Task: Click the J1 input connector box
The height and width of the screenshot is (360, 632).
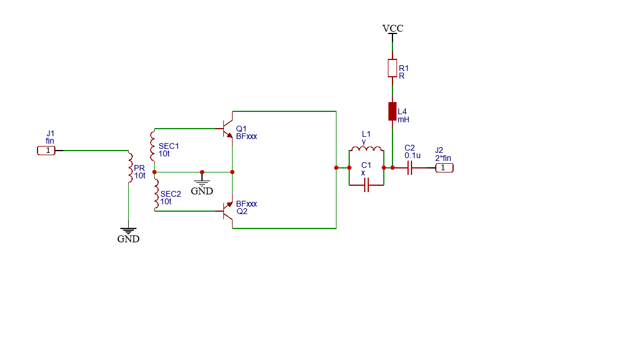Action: pos(46,151)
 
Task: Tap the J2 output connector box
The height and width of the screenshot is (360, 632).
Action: pos(444,168)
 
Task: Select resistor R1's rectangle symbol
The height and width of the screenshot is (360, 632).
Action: pos(392,68)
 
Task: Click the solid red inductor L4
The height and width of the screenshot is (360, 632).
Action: pos(392,111)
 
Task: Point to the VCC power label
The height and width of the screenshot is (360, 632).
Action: pos(392,28)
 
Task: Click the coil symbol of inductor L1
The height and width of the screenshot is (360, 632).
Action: pos(367,149)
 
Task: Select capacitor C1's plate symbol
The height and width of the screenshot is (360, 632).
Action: pos(367,185)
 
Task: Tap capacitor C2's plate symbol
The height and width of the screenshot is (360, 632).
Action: pos(410,168)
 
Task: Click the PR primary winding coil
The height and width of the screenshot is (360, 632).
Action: pos(130,167)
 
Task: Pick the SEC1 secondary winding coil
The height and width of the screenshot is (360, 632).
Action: pos(152,145)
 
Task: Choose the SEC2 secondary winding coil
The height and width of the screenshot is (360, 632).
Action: pos(156,194)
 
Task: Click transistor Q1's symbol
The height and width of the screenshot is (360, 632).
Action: pos(228,129)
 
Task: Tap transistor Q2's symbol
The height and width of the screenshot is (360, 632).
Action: pos(228,211)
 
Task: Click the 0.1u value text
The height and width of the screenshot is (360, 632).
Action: pos(413,155)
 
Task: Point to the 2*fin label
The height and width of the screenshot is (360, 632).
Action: pos(443,158)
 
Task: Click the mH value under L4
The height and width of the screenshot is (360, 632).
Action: pos(403,119)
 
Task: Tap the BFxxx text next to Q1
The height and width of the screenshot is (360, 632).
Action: pos(246,137)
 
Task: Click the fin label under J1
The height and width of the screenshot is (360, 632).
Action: pos(50,141)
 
